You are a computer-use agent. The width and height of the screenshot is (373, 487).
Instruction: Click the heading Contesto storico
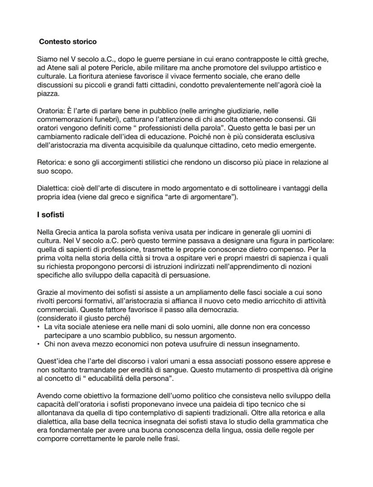68,41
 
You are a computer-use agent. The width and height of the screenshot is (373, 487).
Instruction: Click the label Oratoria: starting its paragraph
52,110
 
